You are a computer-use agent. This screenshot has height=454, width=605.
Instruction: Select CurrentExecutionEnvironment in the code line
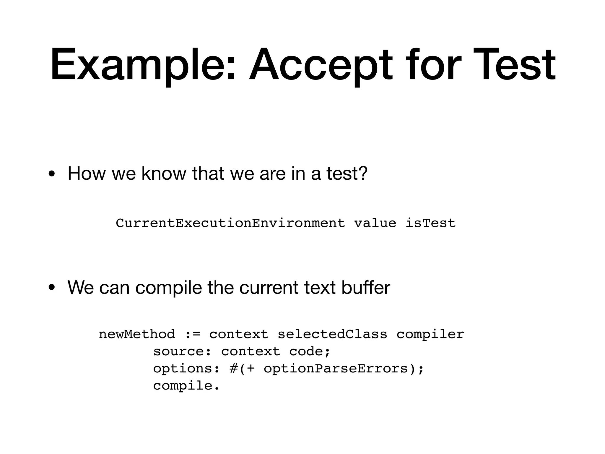tap(230, 223)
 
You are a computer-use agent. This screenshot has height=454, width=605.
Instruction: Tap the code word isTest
tap(430, 223)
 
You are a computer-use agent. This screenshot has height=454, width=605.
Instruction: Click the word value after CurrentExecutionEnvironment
tap(375, 223)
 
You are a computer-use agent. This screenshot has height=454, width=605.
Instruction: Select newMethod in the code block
tap(137, 335)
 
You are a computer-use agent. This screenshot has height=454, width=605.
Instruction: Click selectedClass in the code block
tap(332, 335)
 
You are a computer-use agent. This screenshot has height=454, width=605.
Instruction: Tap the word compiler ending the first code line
tap(430, 335)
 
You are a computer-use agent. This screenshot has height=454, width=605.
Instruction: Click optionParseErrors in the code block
tap(336, 369)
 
